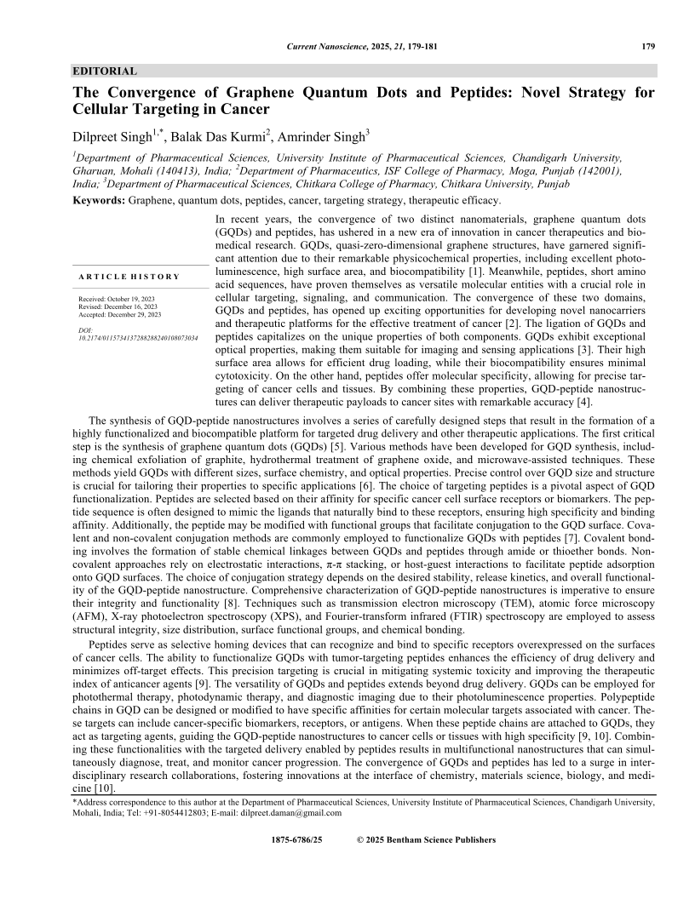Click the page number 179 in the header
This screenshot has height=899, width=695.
tap(647, 45)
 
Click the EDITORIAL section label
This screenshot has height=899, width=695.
tap(105, 71)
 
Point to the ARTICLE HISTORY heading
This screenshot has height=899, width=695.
tap(129, 277)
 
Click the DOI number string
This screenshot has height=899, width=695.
tap(137, 337)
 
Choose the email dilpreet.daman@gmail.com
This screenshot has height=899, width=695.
tap(297, 812)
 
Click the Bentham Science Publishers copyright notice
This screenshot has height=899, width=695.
tap(426, 839)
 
